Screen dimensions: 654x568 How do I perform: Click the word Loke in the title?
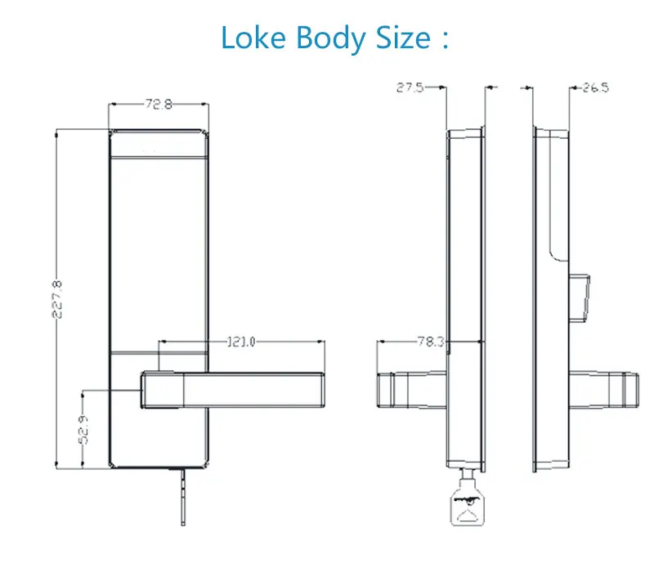253,38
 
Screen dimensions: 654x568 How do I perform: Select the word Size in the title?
403,38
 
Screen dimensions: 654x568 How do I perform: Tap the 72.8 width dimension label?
159,104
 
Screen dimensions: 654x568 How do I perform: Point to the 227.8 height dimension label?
57,299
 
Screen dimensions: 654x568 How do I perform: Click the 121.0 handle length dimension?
241,342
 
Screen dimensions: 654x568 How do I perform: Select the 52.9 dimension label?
83,430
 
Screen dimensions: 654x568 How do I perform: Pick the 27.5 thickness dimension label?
410,87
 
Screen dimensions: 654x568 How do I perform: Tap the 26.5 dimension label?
596,87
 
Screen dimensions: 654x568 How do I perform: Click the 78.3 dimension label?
432,342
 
